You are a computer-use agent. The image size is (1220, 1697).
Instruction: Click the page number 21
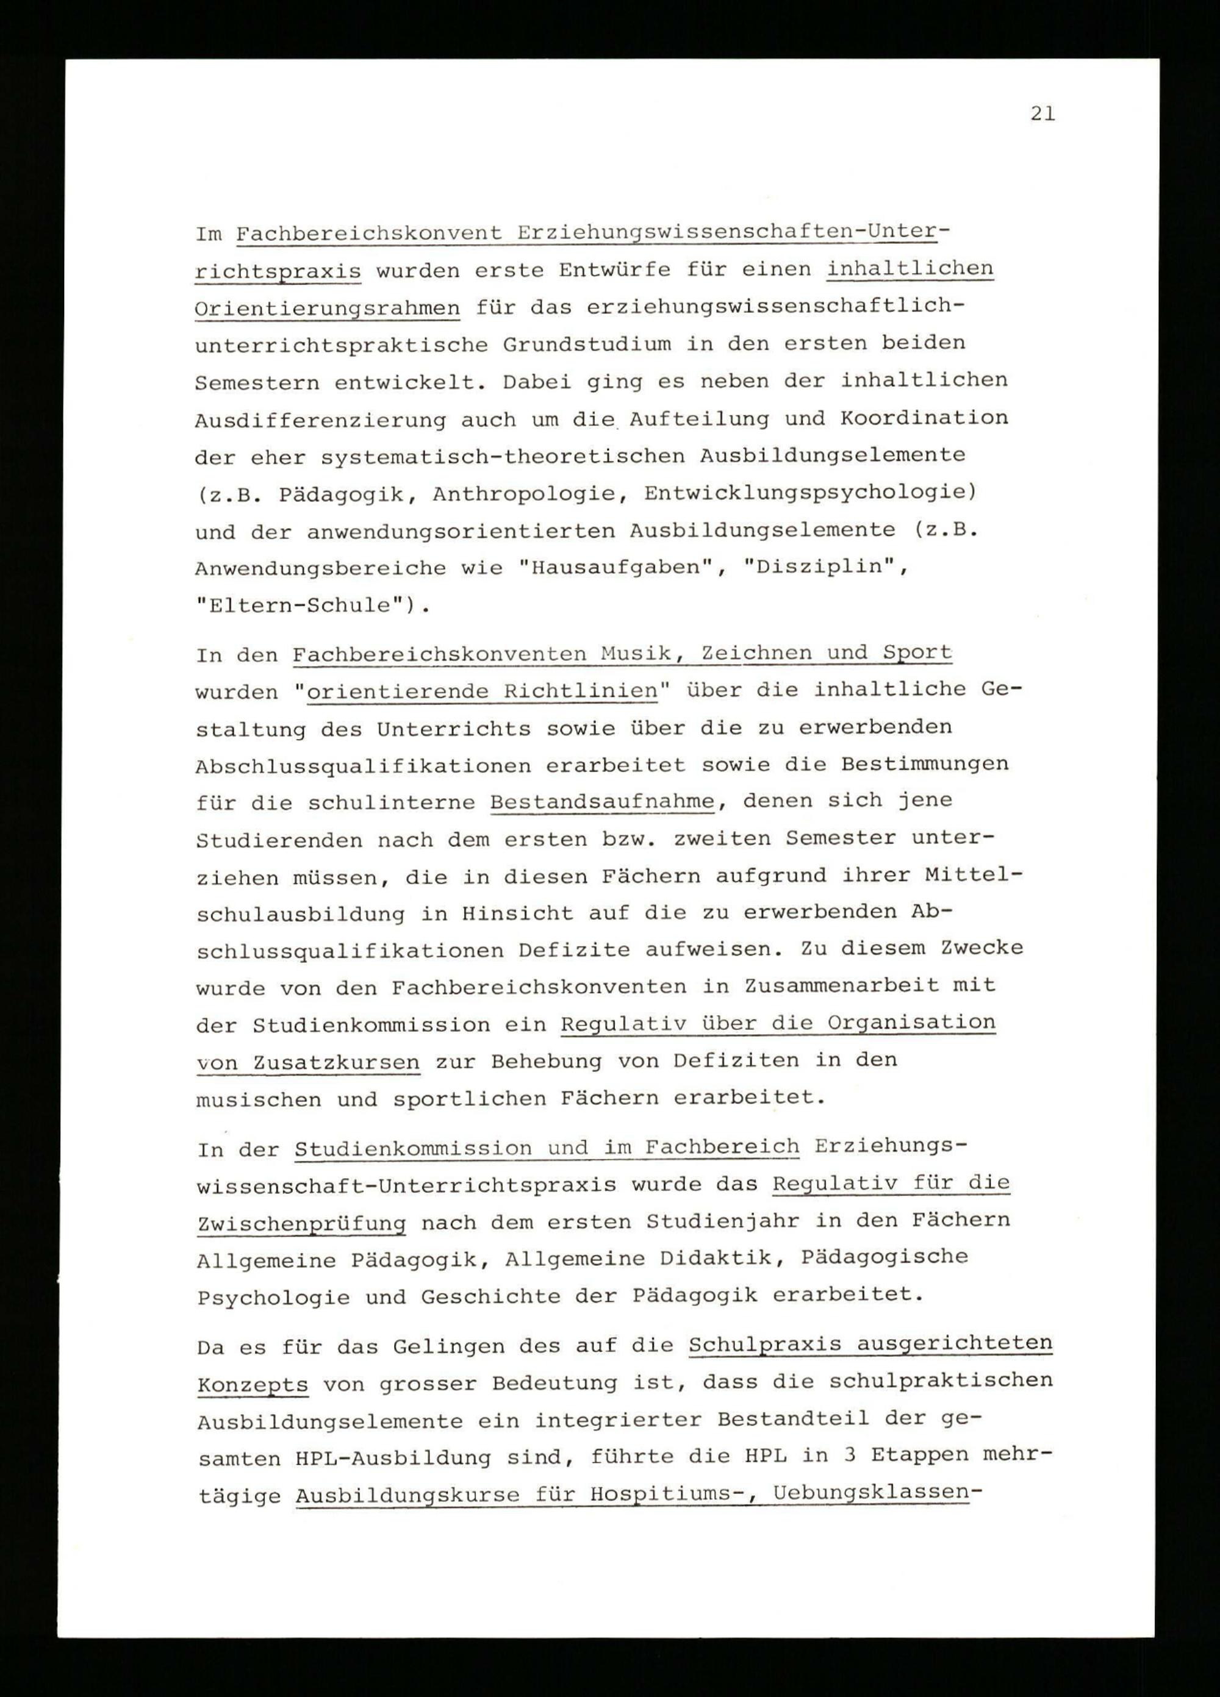[1042, 115]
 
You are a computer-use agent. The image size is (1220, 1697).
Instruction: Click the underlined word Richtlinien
[580, 691]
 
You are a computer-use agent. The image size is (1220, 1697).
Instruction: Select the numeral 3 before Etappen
[811, 1456]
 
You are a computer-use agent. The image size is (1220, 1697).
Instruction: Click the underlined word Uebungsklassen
[870, 1493]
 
